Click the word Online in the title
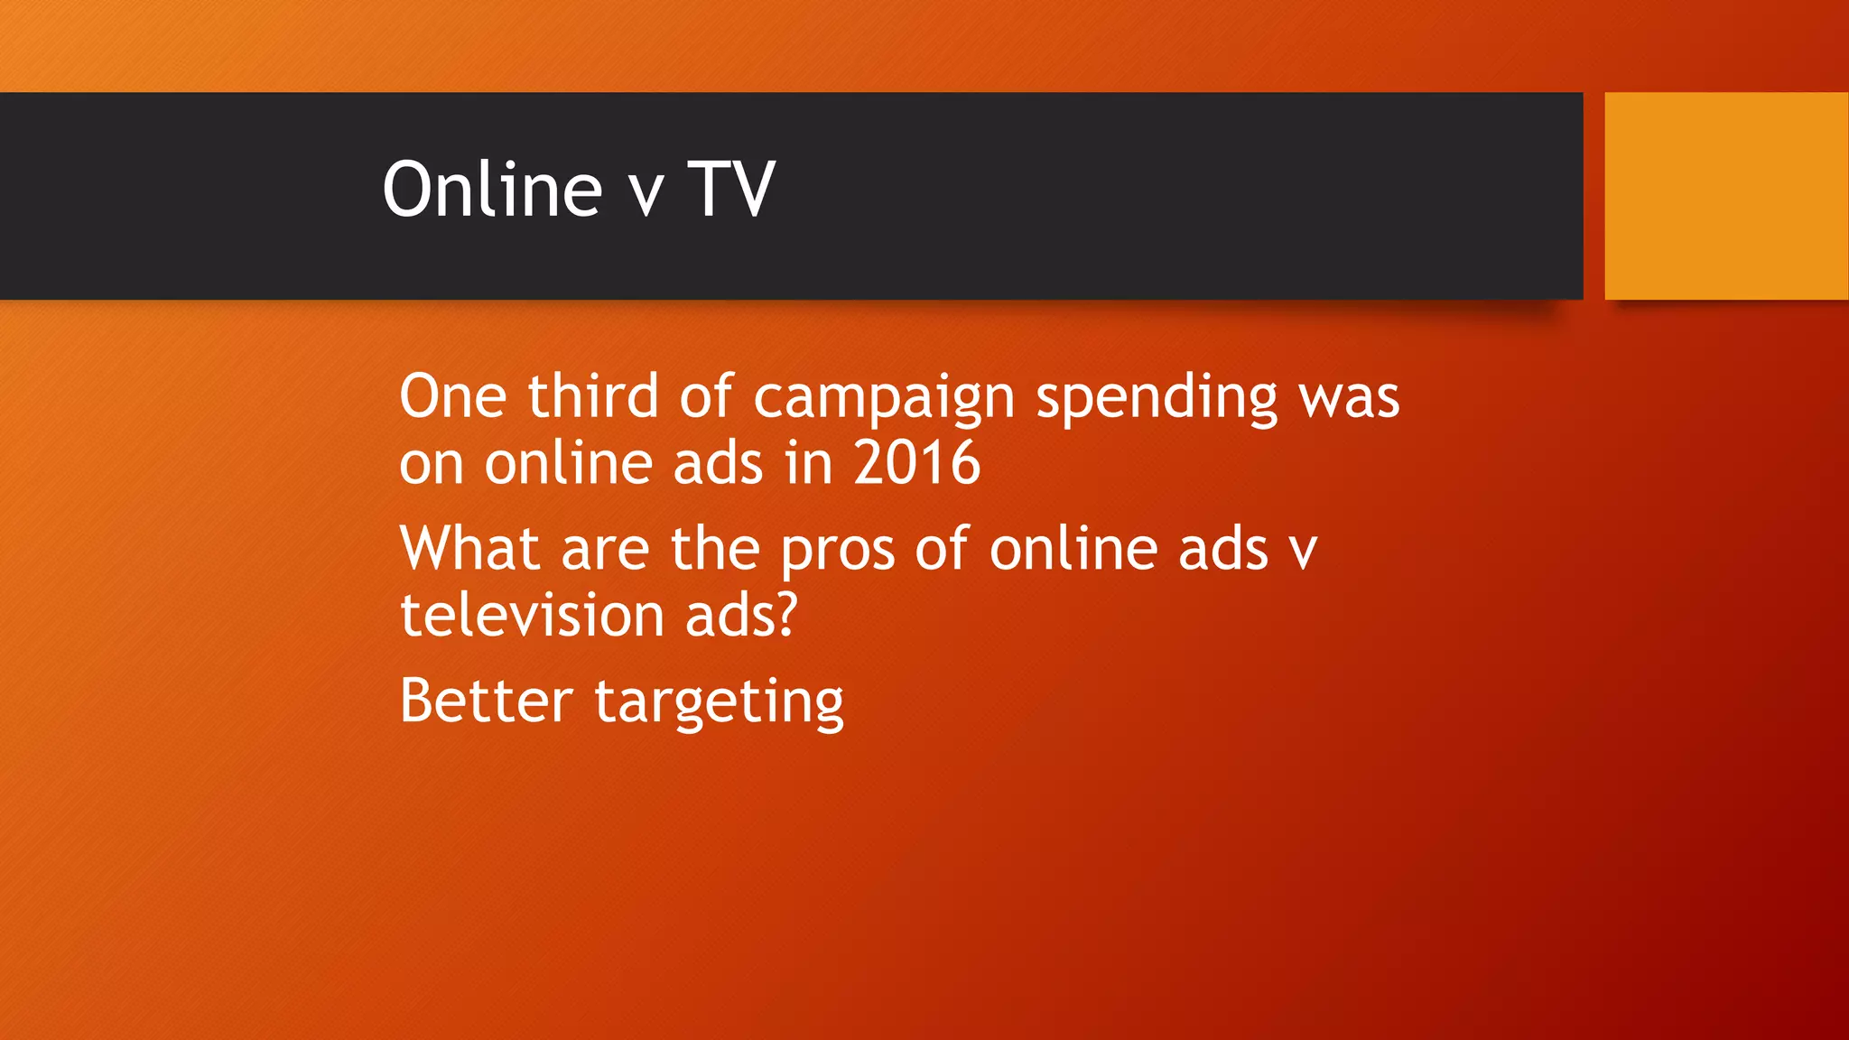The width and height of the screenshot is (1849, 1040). (492, 190)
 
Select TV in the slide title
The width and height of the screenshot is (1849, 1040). (731, 190)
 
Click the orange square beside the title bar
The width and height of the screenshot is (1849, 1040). (1726, 196)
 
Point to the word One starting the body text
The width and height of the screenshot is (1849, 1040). (452, 397)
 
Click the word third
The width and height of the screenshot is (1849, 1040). (593, 397)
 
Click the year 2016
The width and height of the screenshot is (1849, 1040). (916, 464)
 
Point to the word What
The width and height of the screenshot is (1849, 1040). (470, 549)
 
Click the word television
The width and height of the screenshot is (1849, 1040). (533, 616)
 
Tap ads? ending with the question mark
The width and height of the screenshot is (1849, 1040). (742, 616)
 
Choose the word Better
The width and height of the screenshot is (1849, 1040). (486, 701)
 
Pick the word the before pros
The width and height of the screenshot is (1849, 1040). (714, 549)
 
